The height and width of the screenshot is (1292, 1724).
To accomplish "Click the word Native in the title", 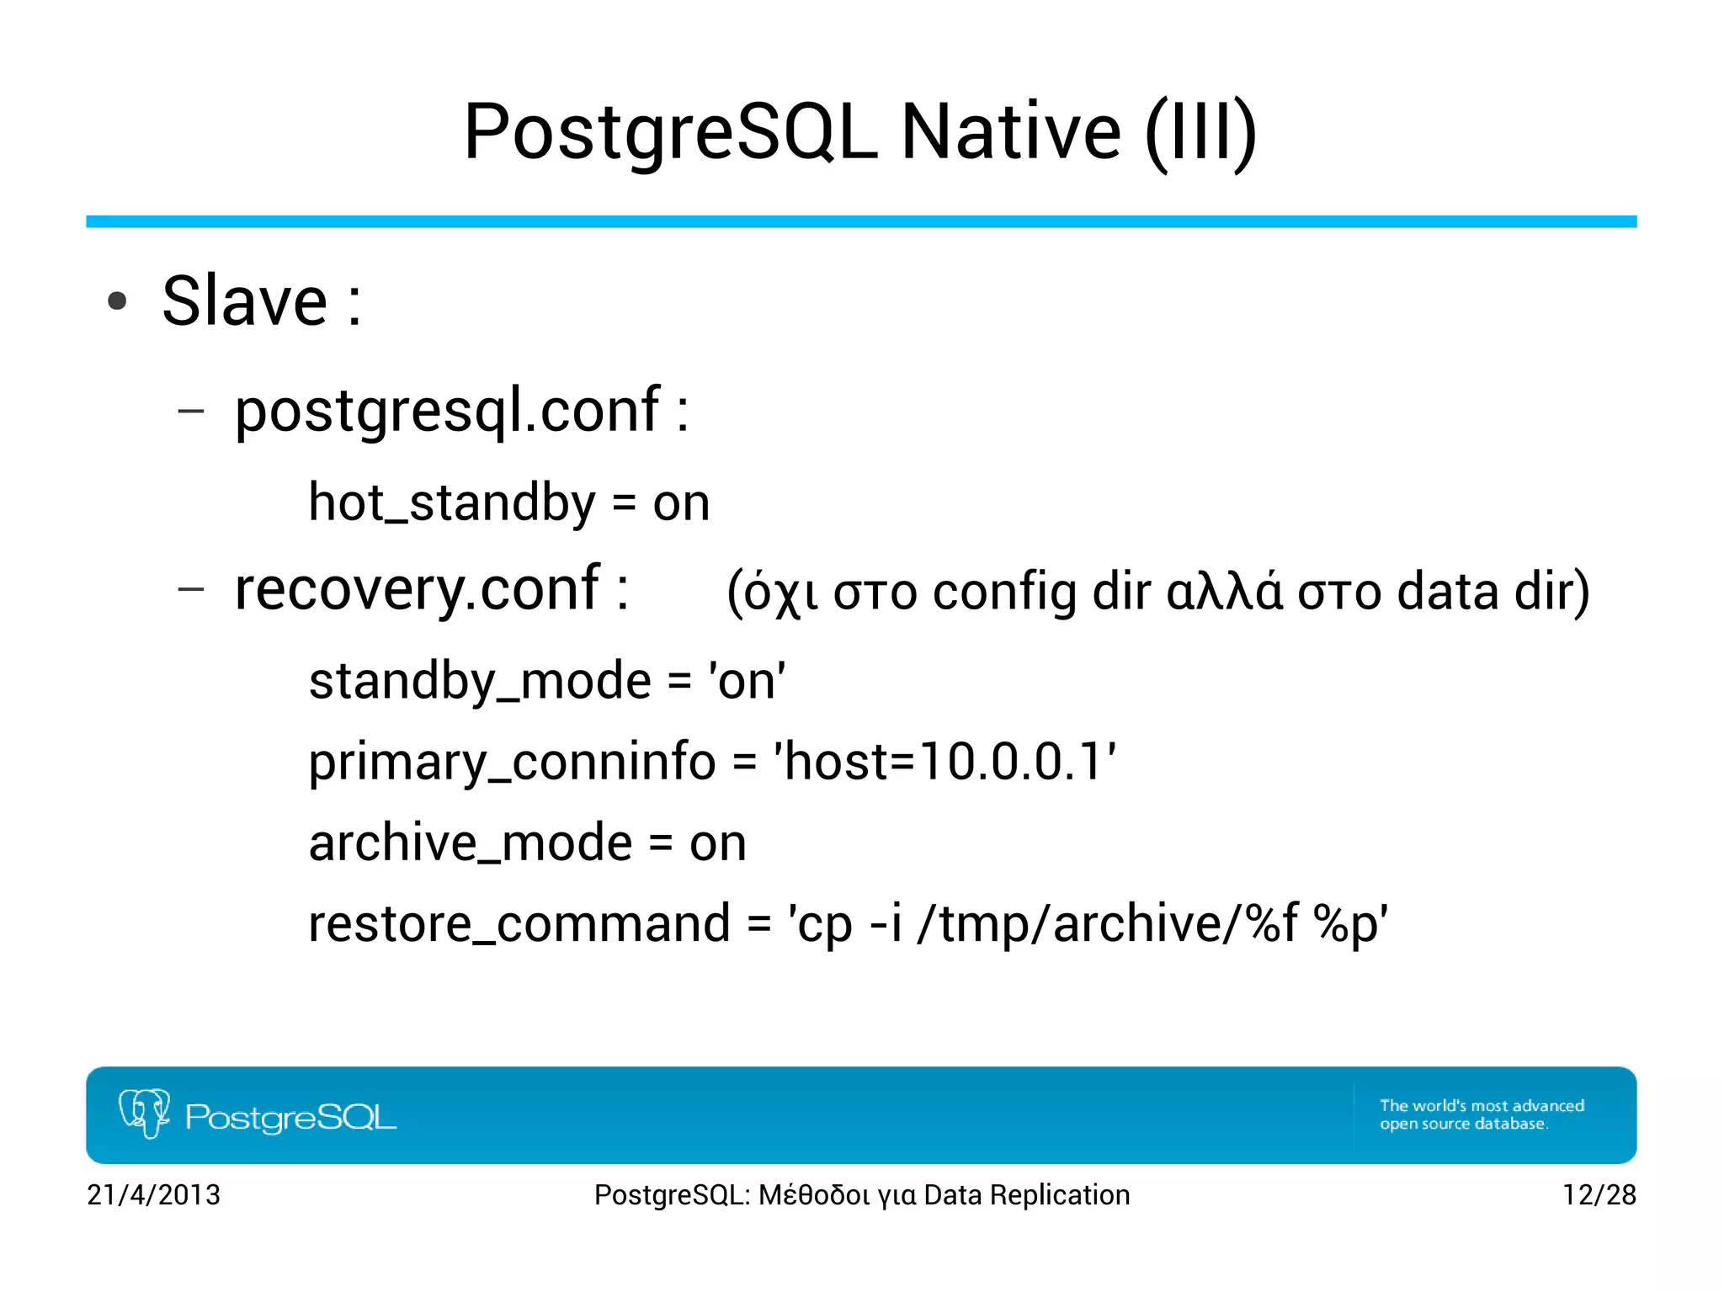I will coord(1010,132).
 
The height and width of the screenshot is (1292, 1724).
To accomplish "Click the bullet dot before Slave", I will coord(117,301).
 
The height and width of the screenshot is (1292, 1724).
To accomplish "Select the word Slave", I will coord(244,301).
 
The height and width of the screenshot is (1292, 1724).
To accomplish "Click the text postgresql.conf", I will coord(447,411).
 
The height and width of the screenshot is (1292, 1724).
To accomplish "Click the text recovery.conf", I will coord(417,588).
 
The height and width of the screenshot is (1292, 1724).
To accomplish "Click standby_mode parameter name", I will coord(480,681).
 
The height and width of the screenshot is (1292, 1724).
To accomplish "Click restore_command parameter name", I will coord(519,924).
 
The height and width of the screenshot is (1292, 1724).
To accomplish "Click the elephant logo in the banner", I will coord(144,1113).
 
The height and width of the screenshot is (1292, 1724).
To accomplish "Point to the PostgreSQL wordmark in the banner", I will coord(290,1118).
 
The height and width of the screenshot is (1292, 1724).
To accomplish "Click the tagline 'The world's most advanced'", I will coord(1482,1105).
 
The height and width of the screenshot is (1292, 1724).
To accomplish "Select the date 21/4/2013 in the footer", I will coord(153,1195).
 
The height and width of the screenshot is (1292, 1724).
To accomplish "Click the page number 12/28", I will coord(1599,1195).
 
